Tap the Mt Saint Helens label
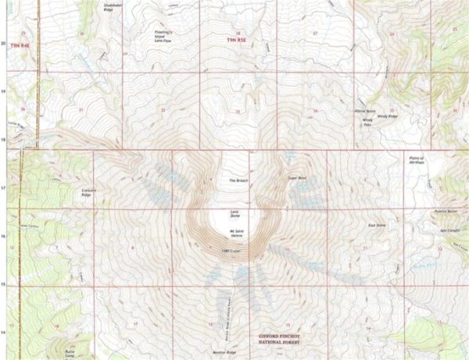click(x=234, y=233)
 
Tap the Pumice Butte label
click(x=444, y=211)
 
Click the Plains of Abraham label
click(x=417, y=160)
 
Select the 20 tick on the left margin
click(x=3, y=44)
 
